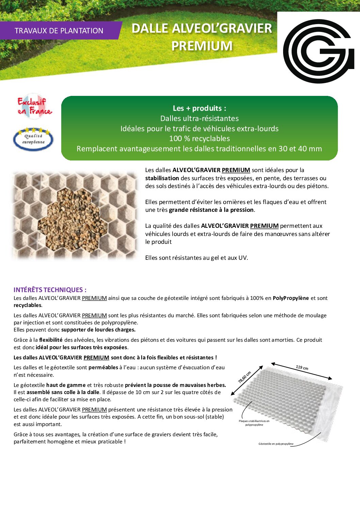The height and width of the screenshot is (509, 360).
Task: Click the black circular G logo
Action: (x=318, y=51)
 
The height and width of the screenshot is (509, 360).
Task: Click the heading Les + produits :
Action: (x=199, y=108)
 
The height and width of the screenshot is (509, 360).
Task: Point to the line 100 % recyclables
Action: (x=199, y=138)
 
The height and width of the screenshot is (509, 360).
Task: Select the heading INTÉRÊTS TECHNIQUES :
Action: (x=50, y=290)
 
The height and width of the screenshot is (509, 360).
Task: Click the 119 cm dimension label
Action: (x=302, y=368)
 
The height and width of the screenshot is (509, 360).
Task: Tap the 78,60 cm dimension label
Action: (x=244, y=377)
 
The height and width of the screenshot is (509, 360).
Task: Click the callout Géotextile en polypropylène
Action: (x=276, y=444)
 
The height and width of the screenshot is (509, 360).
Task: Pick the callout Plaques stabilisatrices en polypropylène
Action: (x=254, y=423)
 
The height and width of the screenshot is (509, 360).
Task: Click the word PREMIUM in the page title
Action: (x=202, y=46)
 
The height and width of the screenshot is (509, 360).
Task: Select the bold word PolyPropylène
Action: (x=291, y=298)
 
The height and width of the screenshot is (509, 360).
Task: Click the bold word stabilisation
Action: (x=162, y=178)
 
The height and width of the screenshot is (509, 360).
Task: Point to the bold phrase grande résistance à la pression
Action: (x=211, y=210)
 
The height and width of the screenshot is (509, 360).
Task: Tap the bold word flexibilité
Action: (x=51, y=340)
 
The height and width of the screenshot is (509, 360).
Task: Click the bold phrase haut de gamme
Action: (x=66, y=385)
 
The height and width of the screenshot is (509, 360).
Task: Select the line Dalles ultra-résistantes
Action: (x=199, y=118)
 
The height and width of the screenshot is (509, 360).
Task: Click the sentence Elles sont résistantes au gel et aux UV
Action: (x=197, y=258)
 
